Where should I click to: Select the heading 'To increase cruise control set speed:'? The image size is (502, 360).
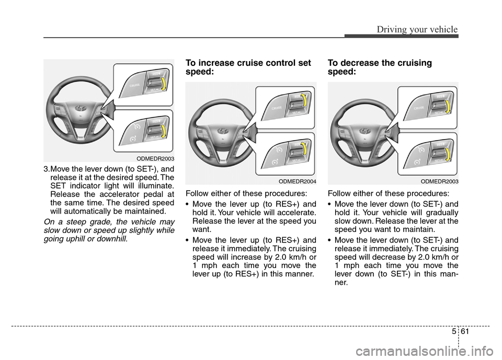[x=248, y=67]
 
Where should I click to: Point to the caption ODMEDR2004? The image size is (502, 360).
[x=297, y=181]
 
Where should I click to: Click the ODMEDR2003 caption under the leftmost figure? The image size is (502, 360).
[x=155, y=158]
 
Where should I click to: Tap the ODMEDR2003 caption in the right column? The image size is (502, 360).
[x=439, y=181]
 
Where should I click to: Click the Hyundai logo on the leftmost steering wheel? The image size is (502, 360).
[x=80, y=108]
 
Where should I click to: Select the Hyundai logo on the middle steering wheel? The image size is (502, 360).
[x=222, y=131]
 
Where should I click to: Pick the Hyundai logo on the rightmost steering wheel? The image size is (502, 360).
[x=364, y=131]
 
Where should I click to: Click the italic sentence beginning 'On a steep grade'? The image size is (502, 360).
[x=109, y=231]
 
